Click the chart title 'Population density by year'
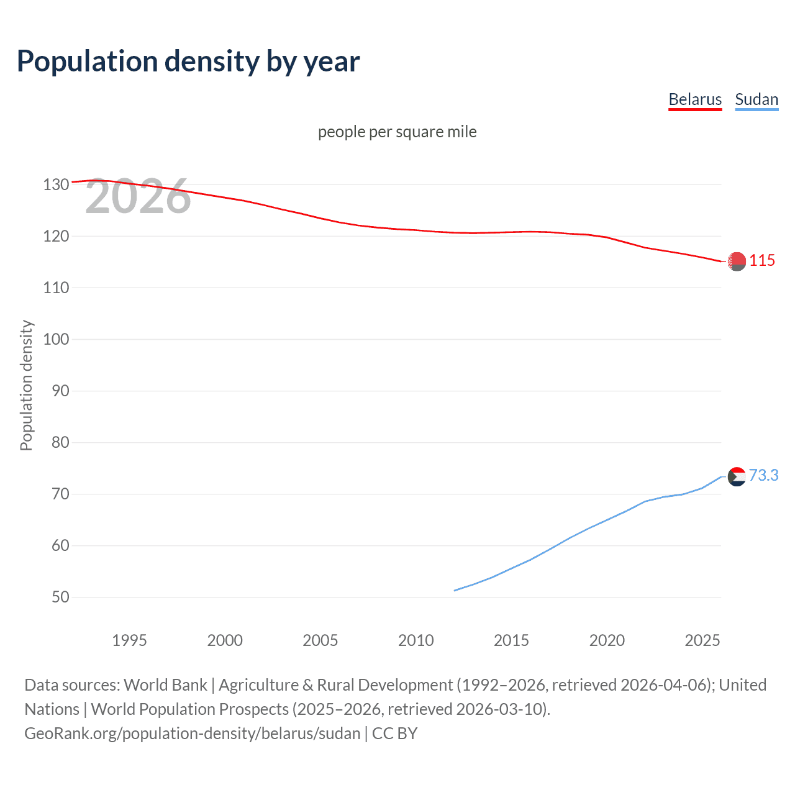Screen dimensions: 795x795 (188, 61)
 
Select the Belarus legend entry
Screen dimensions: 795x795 (695, 99)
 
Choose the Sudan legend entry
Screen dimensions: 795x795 (756, 99)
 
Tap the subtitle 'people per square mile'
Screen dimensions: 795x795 (397, 132)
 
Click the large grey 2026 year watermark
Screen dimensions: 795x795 (138, 197)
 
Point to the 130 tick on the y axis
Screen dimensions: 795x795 (56, 184)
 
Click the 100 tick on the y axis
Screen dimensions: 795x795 (56, 339)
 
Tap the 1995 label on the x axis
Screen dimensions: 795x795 (129, 640)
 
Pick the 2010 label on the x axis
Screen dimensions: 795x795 (416, 640)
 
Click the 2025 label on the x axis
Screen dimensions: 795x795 (702, 640)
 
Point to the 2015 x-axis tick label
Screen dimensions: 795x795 (511, 640)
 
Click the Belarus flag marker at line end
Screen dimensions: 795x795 (737, 261)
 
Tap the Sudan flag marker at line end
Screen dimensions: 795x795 (737, 477)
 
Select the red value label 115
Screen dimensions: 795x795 (762, 261)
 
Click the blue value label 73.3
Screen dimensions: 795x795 (763, 475)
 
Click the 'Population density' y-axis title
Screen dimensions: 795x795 (26, 385)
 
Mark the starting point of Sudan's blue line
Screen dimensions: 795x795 (455, 590)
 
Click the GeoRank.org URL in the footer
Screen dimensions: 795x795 (193, 734)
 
